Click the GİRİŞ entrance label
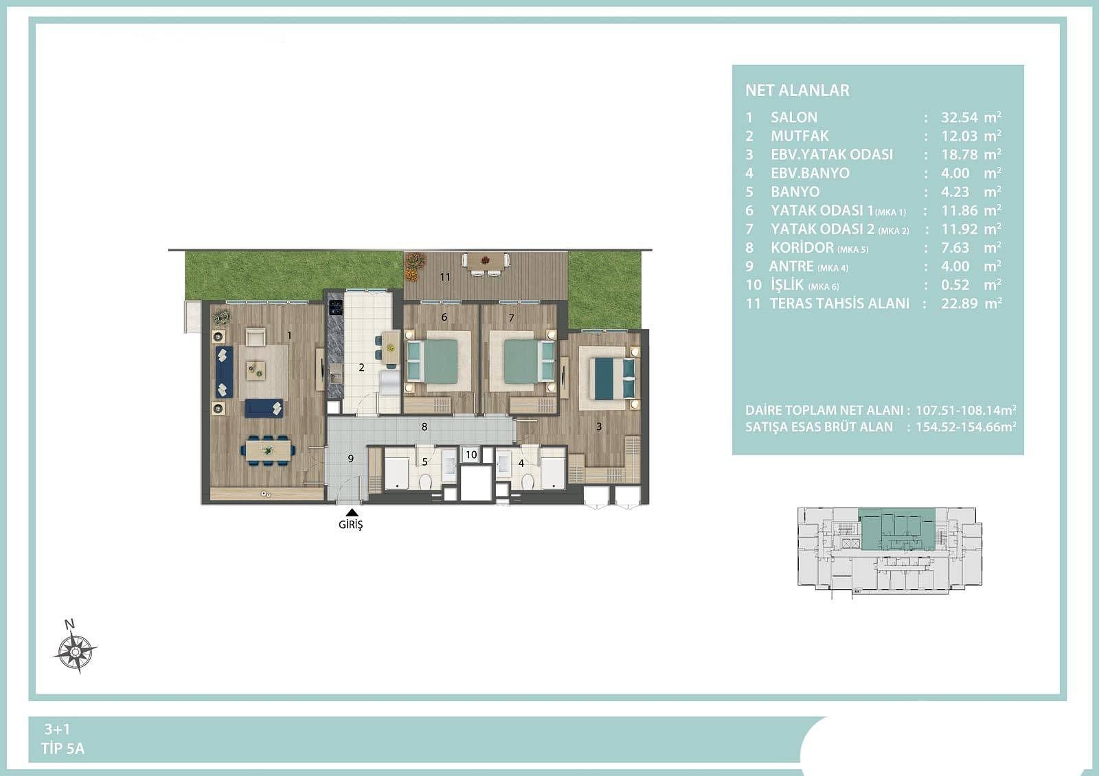(x=351, y=525)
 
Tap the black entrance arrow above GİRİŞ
(x=351, y=512)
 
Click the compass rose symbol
(x=75, y=651)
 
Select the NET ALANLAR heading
(x=797, y=90)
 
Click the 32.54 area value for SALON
(x=959, y=117)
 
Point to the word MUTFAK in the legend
(x=800, y=136)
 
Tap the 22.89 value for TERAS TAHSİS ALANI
(x=959, y=304)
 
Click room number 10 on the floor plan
(x=471, y=455)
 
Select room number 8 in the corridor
(x=424, y=426)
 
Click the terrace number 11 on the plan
(x=445, y=277)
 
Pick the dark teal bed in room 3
(x=614, y=377)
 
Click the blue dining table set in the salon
(x=268, y=450)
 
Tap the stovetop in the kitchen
(x=336, y=308)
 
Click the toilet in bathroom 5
(x=425, y=481)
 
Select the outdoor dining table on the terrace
(x=486, y=264)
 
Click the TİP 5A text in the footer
(x=63, y=749)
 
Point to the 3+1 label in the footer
(x=57, y=729)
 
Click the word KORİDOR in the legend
(x=802, y=248)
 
